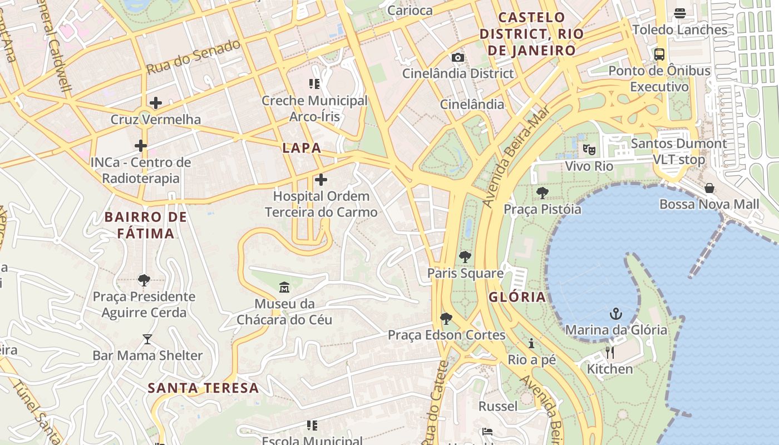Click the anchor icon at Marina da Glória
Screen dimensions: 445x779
click(x=615, y=314)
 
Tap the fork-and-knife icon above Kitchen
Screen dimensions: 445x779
click(x=610, y=353)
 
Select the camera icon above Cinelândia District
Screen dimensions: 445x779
click(x=457, y=57)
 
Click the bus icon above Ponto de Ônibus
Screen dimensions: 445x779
click(x=659, y=55)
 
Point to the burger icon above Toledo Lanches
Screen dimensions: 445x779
click(x=679, y=13)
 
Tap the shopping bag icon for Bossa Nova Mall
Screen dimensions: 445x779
click(x=709, y=188)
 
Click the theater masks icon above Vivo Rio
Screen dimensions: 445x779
click(x=589, y=149)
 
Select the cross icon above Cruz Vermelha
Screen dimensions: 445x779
click(x=156, y=102)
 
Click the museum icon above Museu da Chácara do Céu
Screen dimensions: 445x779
click(x=284, y=288)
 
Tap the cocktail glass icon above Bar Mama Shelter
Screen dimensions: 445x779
click(x=147, y=339)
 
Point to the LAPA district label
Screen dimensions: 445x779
click(x=302, y=148)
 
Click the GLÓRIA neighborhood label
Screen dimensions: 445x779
click(x=517, y=297)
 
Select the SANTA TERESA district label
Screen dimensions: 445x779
click(x=203, y=388)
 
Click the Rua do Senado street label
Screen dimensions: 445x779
click(x=193, y=57)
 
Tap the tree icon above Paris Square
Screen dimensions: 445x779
click(x=465, y=257)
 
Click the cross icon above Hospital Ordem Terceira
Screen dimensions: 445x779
click(x=321, y=180)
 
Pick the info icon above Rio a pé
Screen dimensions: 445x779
click(x=531, y=343)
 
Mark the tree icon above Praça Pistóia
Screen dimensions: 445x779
click(x=542, y=193)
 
